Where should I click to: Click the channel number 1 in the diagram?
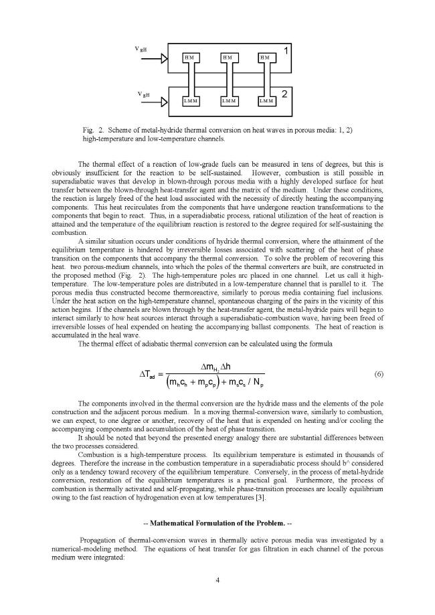pos(286,51)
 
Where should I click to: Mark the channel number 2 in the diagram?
pos(285,94)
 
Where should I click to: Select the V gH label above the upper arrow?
pos(143,50)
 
